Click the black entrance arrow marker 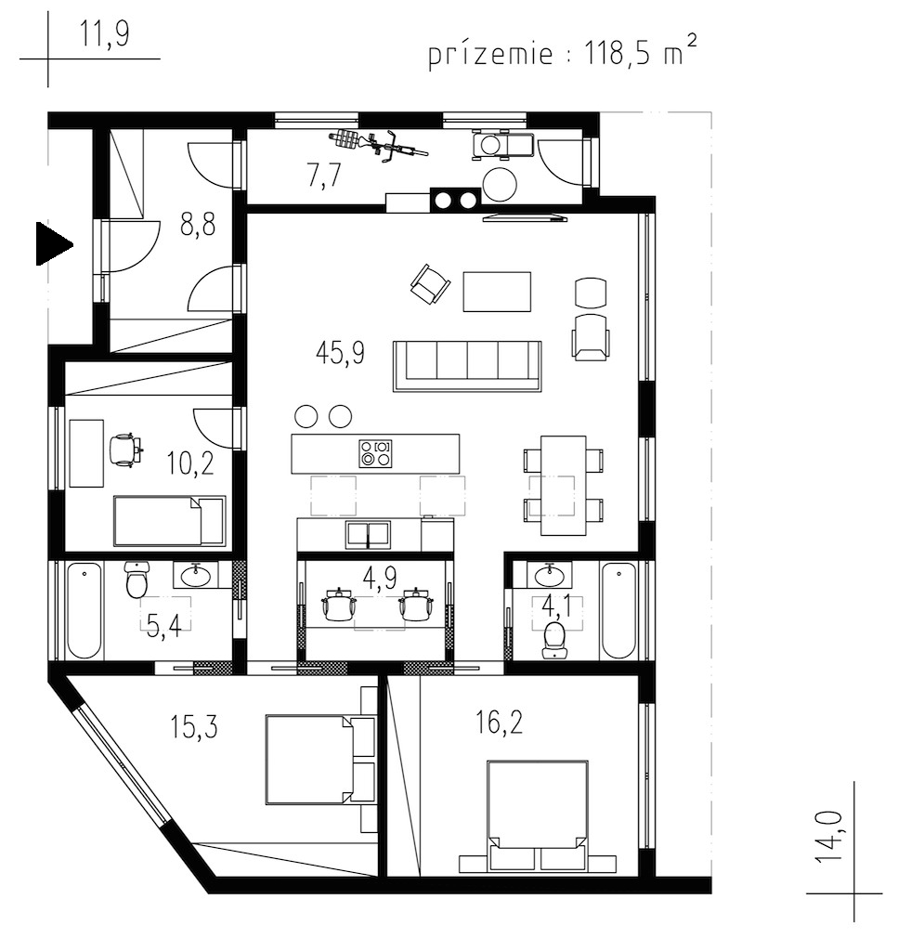tap(54, 244)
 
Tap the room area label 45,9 tap(340, 353)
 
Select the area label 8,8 tap(198, 225)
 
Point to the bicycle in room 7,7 tap(378, 145)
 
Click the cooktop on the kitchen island tap(375, 453)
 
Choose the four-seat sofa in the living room tap(467, 366)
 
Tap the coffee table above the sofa tap(497, 292)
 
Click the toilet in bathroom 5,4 tap(137, 580)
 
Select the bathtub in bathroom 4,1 tap(618, 610)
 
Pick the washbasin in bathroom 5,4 tap(196, 576)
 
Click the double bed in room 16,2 tap(537, 813)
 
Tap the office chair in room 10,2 tap(126, 449)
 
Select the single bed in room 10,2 tap(169, 520)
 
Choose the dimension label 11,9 tap(104, 33)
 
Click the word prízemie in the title tap(490, 55)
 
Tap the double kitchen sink tap(368, 535)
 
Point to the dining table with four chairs tap(563, 485)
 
